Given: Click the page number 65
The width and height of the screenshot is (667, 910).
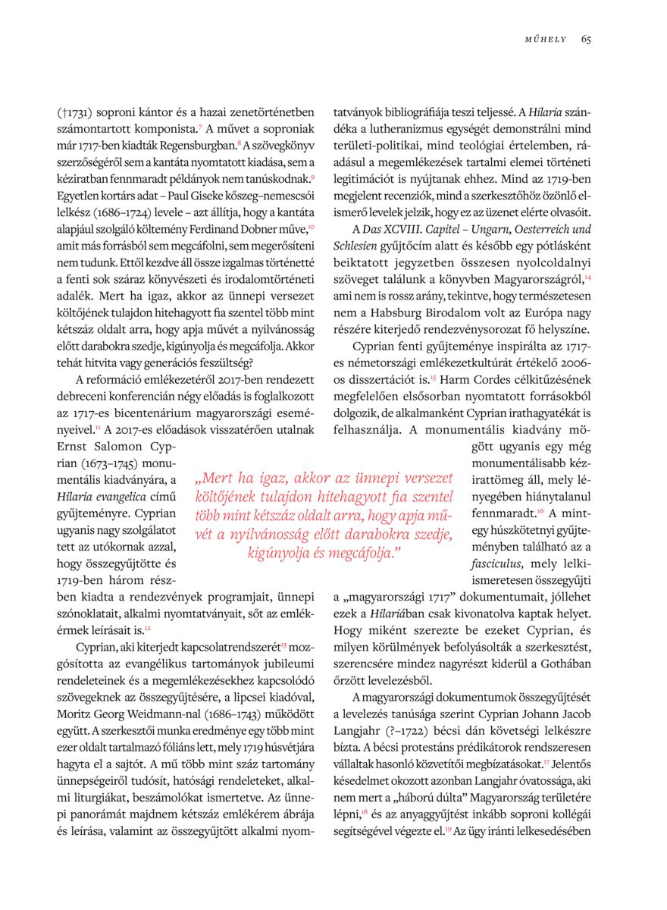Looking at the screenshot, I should (586, 39).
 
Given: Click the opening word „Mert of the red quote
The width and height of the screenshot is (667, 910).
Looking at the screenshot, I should (215, 479).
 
